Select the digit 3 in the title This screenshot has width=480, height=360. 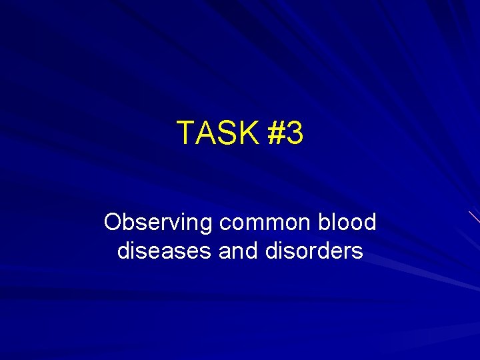295,133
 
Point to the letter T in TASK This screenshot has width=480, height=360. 185,133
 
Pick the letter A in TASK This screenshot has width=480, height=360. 204,133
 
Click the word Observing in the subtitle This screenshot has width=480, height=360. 157,223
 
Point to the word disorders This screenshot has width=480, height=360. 314,251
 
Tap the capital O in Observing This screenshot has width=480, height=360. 113,222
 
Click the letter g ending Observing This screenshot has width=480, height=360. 205,225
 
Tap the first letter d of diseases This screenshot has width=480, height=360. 123,251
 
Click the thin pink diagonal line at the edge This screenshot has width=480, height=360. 474,217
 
